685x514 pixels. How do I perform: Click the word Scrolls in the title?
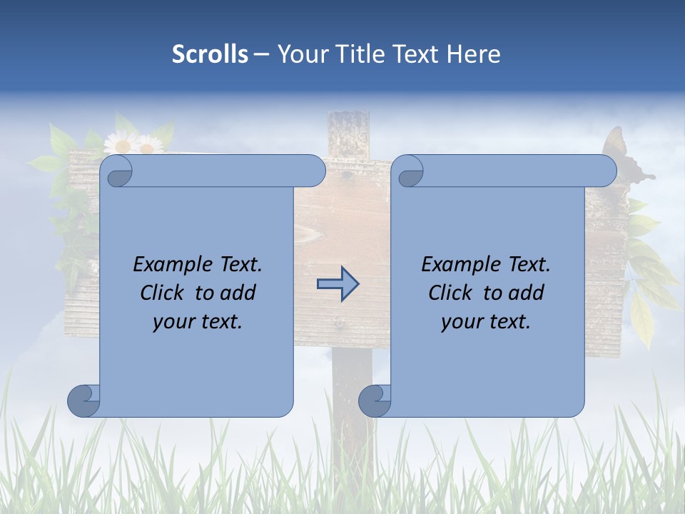click(210, 54)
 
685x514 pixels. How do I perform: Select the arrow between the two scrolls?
click(338, 284)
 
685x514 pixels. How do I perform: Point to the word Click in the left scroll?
click(164, 293)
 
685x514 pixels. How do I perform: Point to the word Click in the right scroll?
click(452, 293)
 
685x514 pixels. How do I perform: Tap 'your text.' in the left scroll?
click(197, 321)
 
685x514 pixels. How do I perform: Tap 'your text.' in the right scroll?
click(485, 321)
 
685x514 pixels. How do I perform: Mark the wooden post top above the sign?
click(347, 132)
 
